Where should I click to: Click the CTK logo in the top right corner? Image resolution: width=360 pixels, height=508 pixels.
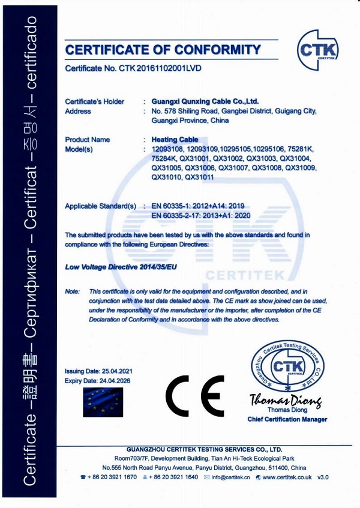pos(318,46)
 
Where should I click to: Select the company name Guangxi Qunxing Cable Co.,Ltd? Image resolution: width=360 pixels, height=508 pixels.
pos(205,101)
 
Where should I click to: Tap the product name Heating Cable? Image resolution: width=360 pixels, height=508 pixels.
pos(175,139)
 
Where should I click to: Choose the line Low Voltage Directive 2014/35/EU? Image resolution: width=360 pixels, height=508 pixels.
pos(121,264)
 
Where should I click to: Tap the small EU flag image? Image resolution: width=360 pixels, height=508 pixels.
pos(102,402)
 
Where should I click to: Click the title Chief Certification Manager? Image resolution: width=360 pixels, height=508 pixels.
pos(287,419)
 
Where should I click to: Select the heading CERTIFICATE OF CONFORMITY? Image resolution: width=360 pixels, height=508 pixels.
pos(158,49)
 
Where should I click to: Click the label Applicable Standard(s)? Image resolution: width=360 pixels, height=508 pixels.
pos(101,206)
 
